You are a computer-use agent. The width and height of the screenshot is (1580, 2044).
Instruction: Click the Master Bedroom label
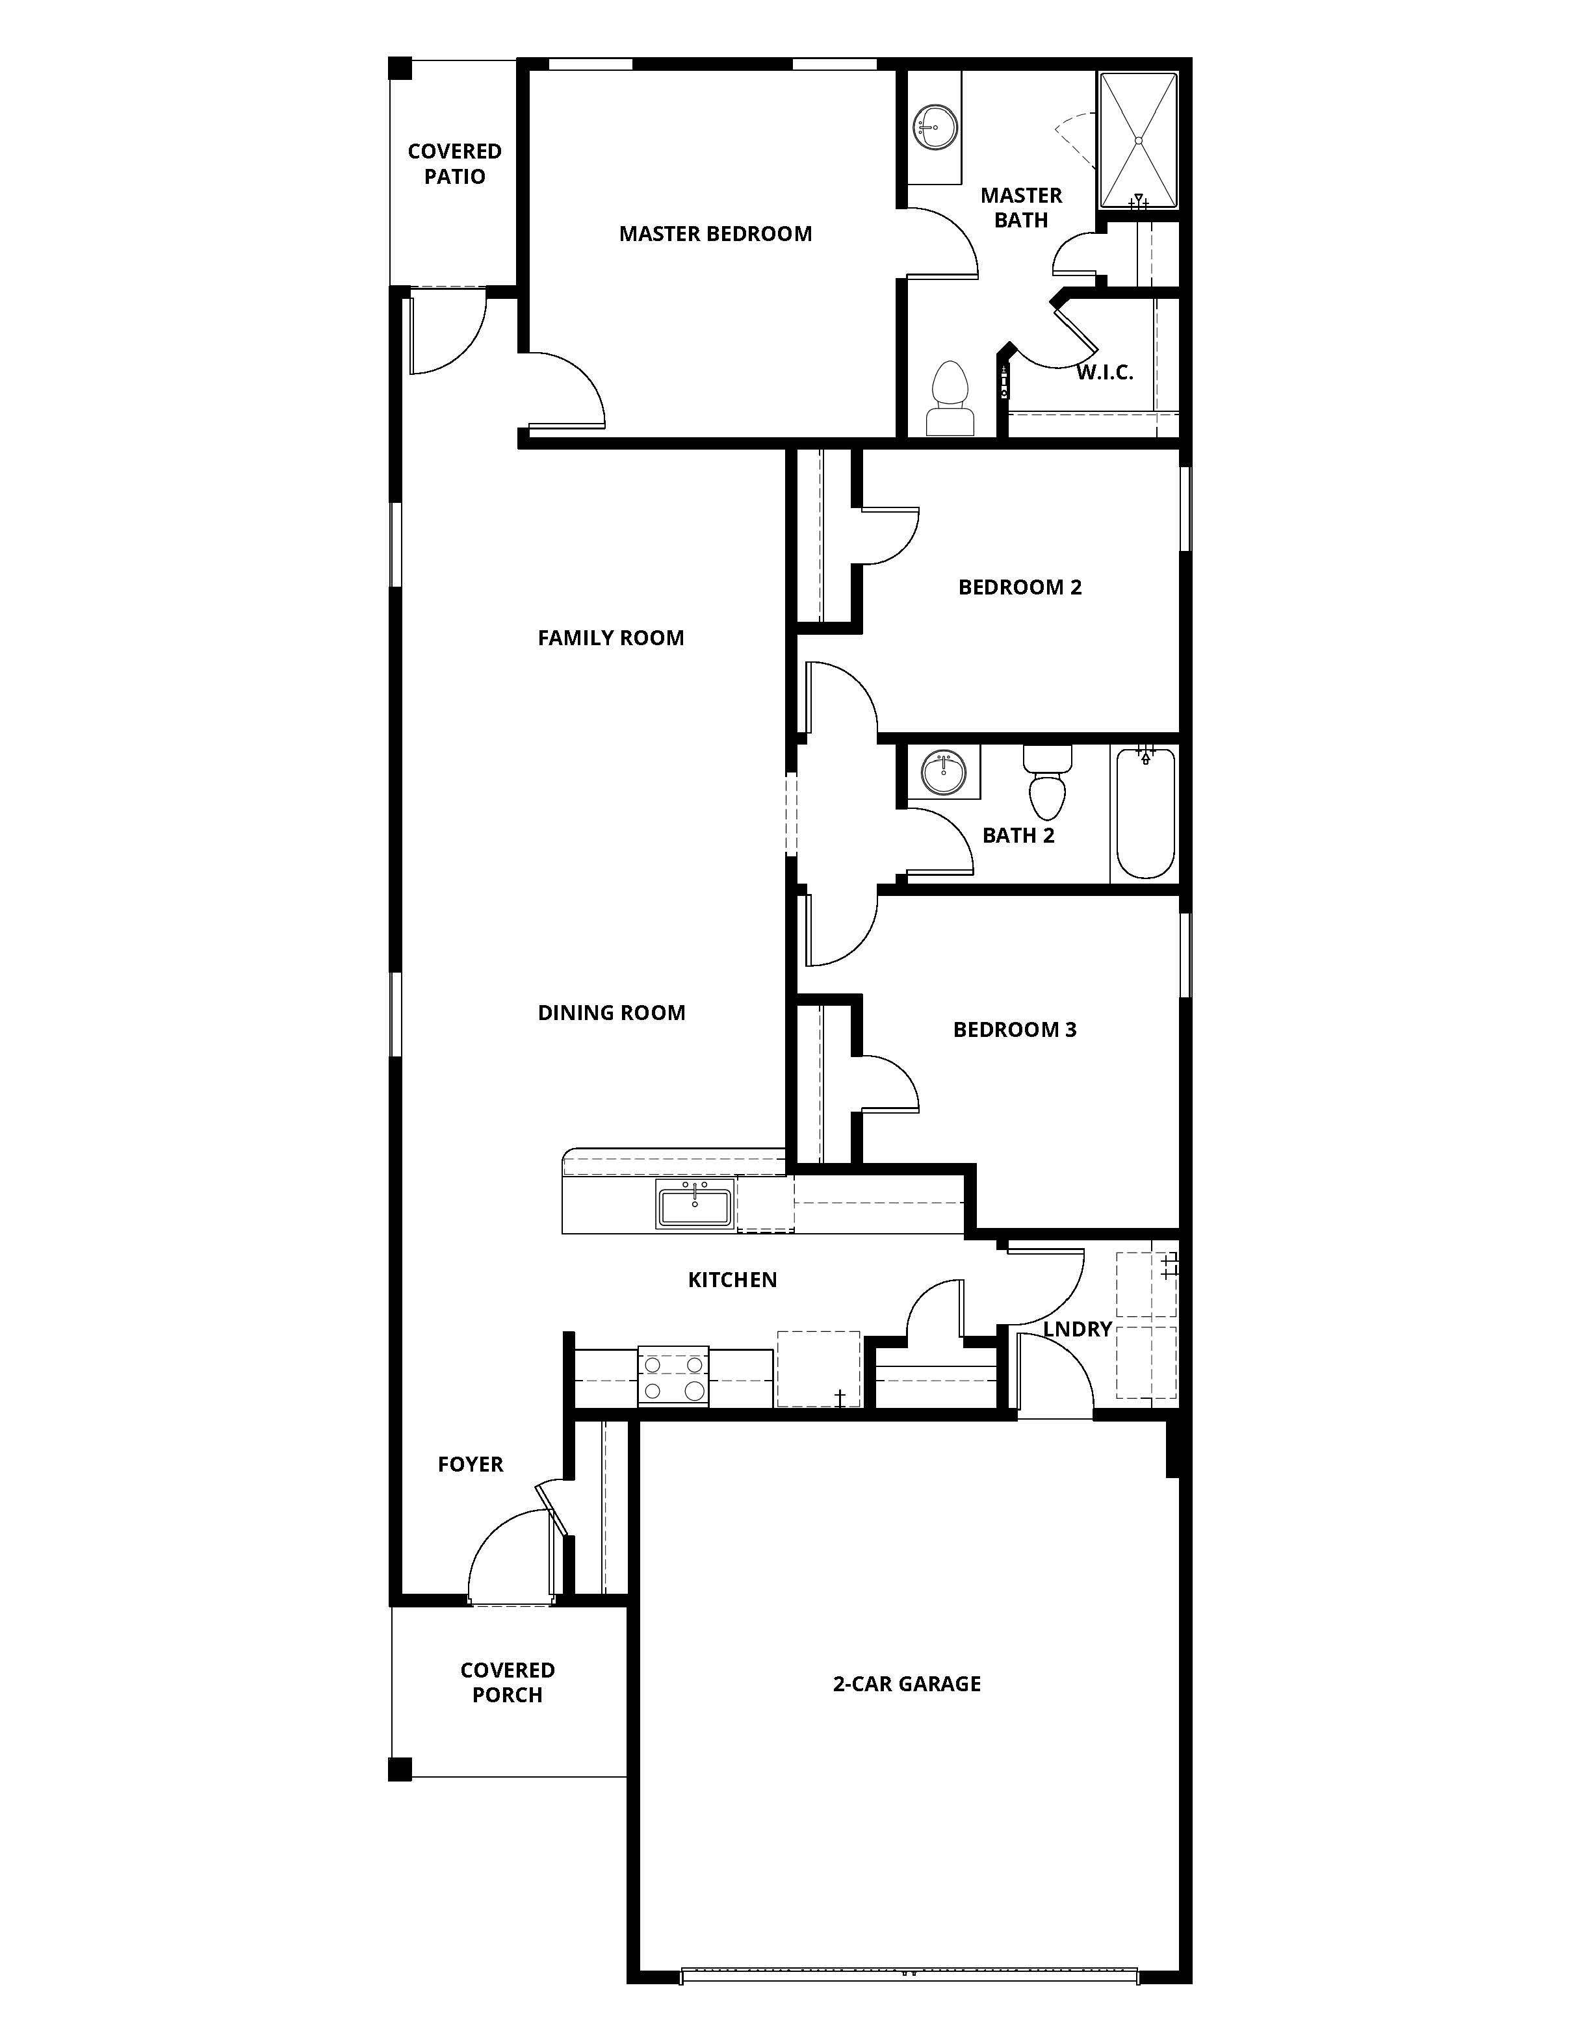(x=715, y=234)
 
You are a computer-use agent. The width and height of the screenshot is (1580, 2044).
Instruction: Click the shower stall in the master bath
(x=1137, y=140)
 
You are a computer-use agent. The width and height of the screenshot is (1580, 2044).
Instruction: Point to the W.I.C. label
(x=1104, y=372)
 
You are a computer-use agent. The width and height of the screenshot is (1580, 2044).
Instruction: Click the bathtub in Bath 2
(x=1145, y=812)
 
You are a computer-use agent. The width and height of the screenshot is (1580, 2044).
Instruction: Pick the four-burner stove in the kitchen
(x=673, y=1377)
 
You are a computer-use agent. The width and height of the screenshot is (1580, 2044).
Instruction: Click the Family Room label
(x=610, y=638)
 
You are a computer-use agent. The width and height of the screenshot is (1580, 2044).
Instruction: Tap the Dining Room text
(x=611, y=1013)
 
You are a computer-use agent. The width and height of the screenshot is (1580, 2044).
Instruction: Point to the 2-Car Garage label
(x=906, y=1683)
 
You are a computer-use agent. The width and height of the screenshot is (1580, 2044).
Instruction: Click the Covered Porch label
(x=508, y=1682)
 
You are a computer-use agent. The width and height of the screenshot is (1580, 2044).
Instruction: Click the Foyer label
(x=470, y=1464)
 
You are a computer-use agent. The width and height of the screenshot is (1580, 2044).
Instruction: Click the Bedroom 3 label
(x=1015, y=1030)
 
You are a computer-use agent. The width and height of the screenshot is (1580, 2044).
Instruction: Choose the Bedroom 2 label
(x=1019, y=588)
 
